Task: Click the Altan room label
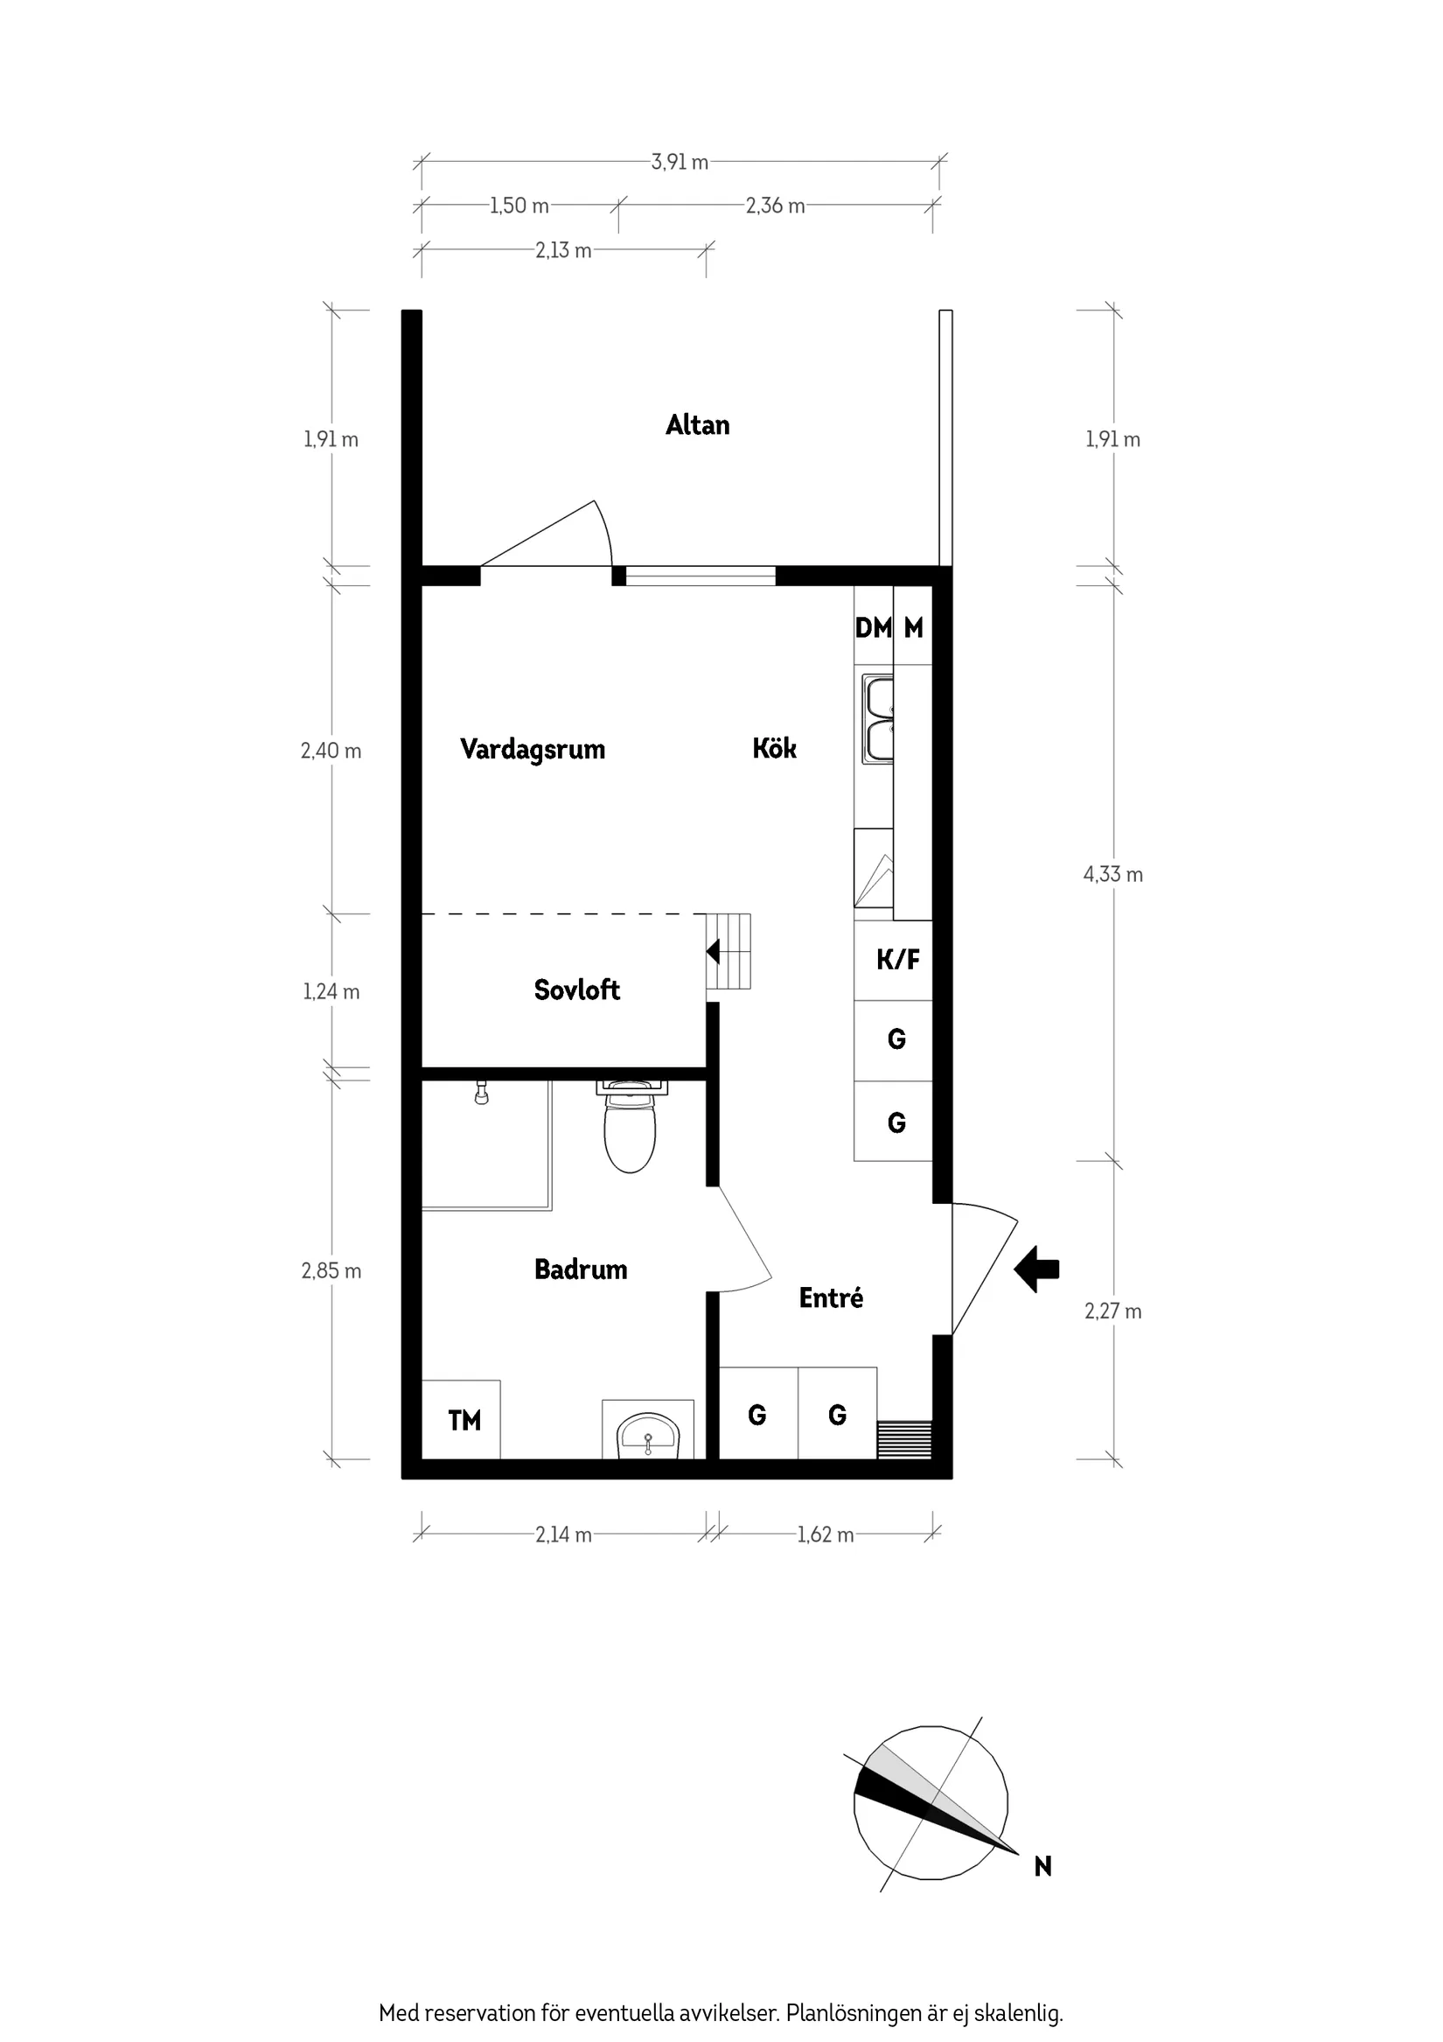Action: click(x=697, y=425)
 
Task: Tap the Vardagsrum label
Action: click(x=532, y=749)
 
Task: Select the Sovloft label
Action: click(x=576, y=990)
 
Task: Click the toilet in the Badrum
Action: click(x=630, y=1133)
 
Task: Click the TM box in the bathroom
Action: click(x=464, y=1421)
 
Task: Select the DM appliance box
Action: click(x=872, y=628)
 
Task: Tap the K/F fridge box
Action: click(x=897, y=960)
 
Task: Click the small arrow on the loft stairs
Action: click(x=713, y=952)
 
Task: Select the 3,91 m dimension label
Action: click(x=680, y=162)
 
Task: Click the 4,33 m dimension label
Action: click(x=1112, y=874)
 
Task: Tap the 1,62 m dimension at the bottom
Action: click(x=825, y=1535)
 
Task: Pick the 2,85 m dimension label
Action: click(x=331, y=1271)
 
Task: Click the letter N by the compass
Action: click(x=1043, y=1867)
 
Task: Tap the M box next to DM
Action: click(x=913, y=628)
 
